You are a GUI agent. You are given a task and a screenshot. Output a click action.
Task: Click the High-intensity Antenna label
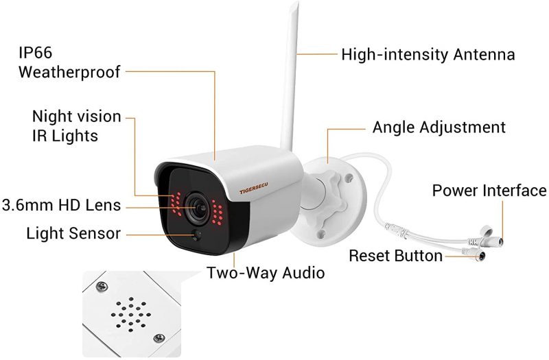[x=428, y=55]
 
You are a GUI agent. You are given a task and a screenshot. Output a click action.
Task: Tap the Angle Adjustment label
[x=439, y=128]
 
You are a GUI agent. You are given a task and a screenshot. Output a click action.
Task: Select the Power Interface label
[x=489, y=191]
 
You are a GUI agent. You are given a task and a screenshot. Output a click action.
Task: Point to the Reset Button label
[x=396, y=256]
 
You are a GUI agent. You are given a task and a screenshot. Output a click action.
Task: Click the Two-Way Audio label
[x=266, y=273]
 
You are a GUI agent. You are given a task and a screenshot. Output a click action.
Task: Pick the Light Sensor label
[x=73, y=233]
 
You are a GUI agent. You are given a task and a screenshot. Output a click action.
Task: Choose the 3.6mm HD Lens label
[x=61, y=205]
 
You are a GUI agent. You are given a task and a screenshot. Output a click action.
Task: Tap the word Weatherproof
[x=69, y=72]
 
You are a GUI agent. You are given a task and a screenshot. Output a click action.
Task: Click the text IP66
[x=36, y=53]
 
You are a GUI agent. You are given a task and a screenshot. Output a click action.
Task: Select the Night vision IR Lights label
[x=76, y=126]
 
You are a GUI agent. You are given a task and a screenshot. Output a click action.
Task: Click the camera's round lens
[x=197, y=208]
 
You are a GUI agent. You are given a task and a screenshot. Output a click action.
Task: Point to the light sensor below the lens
[x=196, y=235]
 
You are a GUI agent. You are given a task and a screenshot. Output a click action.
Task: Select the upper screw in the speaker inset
[x=102, y=287]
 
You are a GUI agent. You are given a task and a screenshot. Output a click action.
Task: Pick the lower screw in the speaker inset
[x=159, y=338]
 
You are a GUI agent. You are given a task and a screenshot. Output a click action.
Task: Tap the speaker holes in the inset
[x=131, y=315]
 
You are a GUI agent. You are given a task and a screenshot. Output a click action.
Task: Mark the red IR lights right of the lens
[x=217, y=212]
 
